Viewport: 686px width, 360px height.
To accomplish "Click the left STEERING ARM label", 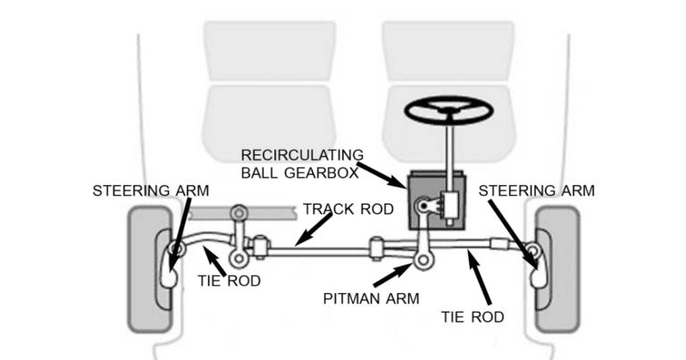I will point(149,190).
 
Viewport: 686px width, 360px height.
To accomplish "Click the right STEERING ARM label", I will point(537,190).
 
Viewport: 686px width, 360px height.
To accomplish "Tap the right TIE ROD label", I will point(473,316).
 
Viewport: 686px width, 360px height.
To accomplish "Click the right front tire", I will point(555,268).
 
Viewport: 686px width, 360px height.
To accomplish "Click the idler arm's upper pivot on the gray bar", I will point(238,214).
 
